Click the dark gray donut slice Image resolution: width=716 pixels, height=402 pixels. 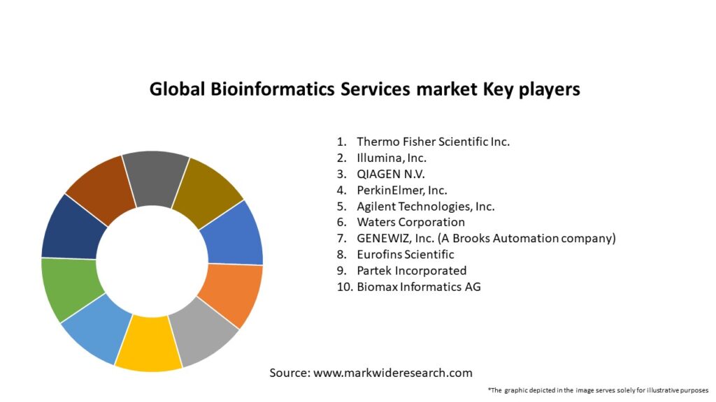156,179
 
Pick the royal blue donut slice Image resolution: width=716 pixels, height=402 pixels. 234,233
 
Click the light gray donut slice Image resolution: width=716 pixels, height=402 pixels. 203,338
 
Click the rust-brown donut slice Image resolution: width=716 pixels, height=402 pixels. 101,188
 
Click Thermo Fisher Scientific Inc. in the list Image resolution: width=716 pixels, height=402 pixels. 433,142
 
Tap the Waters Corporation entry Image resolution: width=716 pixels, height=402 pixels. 410,222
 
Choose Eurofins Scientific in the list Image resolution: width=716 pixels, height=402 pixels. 405,255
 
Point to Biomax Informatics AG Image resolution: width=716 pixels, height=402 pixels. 418,287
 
